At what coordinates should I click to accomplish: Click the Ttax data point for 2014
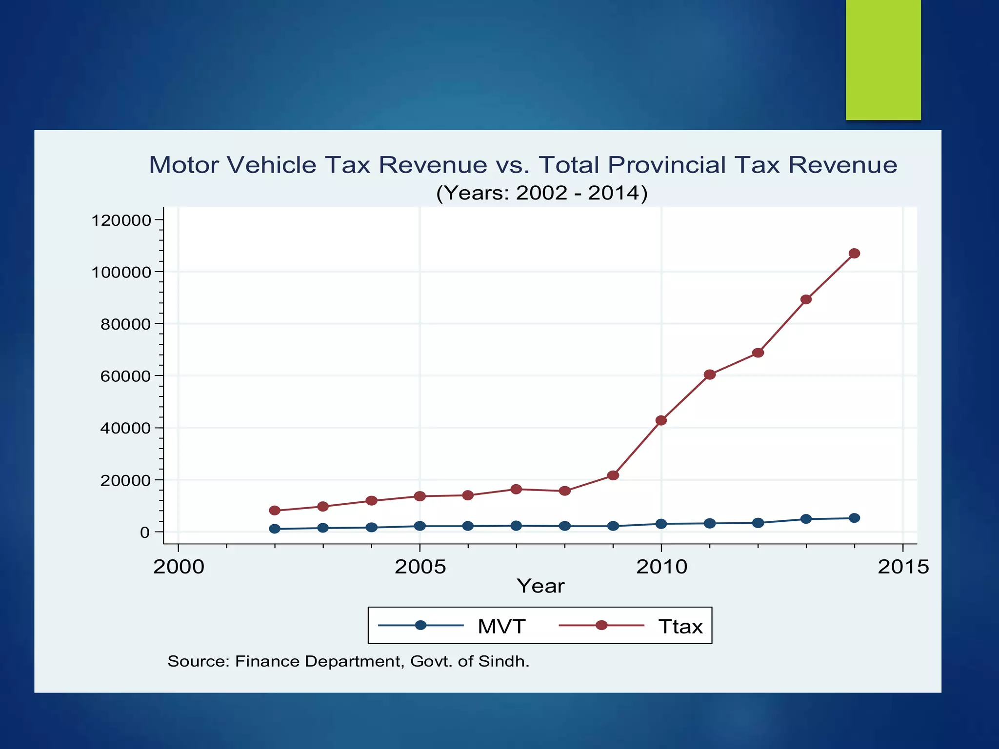click(854, 254)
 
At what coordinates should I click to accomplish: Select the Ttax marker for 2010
click(661, 420)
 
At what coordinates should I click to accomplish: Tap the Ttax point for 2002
click(275, 511)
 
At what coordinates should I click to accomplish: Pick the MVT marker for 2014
click(854, 518)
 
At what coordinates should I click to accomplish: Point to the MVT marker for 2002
click(275, 529)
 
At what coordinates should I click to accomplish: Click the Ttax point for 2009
click(613, 475)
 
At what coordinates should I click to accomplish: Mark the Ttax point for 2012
click(758, 353)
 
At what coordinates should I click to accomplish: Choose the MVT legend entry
click(501, 626)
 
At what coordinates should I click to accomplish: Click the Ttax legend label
click(680, 626)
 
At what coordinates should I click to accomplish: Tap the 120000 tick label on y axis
click(122, 220)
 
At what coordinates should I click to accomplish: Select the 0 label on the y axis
click(145, 532)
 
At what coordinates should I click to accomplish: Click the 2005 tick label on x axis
click(420, 567)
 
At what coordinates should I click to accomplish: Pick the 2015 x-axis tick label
click(903, 567)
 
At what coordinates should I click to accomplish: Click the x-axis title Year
click(540, 586)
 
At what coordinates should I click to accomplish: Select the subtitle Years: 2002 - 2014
click(541, 193)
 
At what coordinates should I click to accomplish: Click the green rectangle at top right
click(883, 59)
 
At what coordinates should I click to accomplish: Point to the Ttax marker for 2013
click(806, 299)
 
